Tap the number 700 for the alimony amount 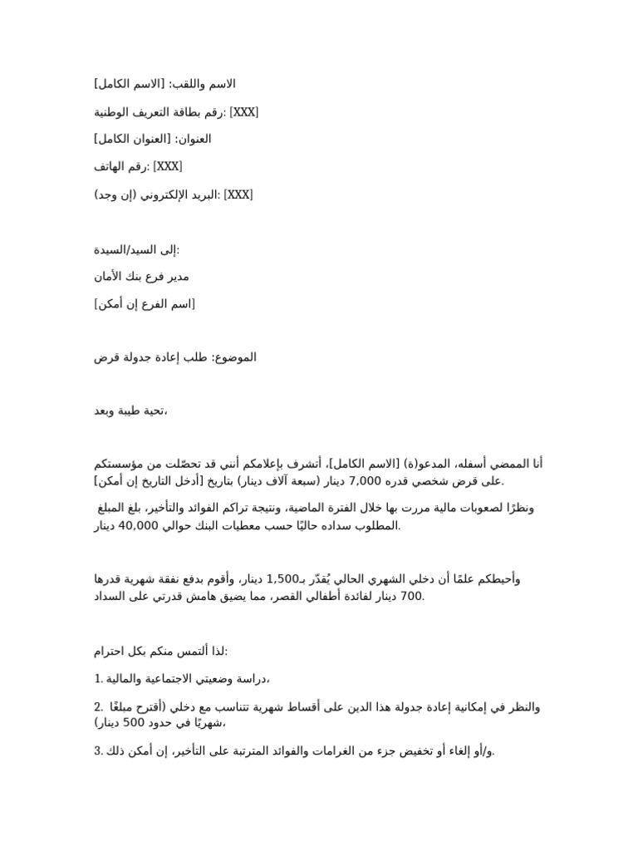412,596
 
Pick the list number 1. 98,679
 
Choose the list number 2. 98,706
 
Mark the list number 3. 98,751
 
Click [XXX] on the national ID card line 243,112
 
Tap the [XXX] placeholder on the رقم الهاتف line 167,167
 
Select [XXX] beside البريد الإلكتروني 238,194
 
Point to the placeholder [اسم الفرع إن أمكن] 145,304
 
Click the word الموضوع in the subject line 237,357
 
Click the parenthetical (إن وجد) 116,194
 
